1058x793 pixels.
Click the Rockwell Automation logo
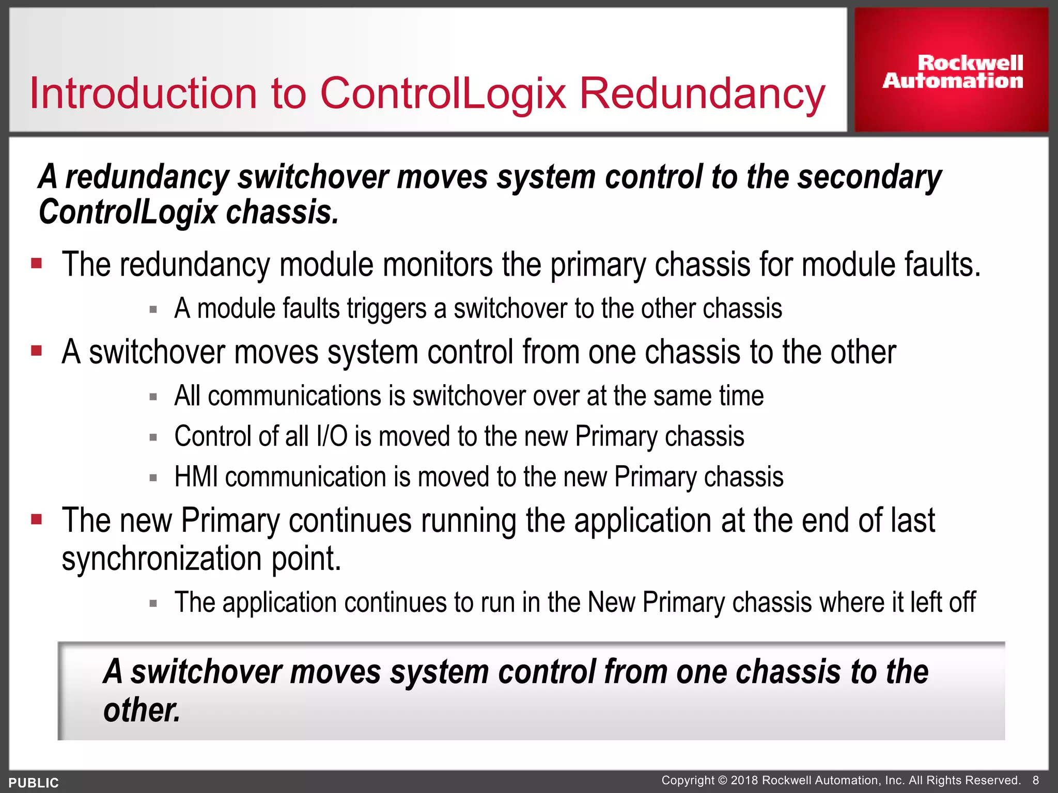tap(952, 72)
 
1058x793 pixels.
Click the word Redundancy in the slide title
tap(702, 93)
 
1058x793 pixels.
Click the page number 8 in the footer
tap(1035, 780)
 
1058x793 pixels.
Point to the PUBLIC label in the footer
tap(34, 783)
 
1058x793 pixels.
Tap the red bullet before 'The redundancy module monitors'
tap(36, 264)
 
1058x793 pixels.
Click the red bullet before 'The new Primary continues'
tap(36, 519)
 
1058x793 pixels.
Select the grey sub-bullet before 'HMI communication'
tap(153, 478)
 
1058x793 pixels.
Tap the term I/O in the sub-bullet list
tap(332, 436)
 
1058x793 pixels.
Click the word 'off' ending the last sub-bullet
tap(962, 602)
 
